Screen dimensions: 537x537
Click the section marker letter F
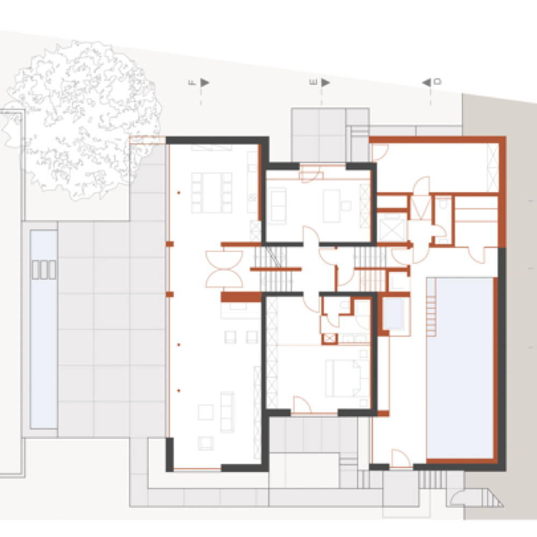192,83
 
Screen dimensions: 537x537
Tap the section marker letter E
313,82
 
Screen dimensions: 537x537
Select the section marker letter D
438,82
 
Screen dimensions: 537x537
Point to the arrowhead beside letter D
426,83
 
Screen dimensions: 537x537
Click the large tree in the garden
82,120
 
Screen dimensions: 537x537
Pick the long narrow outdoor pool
43,329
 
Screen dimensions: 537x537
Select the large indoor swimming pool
460,368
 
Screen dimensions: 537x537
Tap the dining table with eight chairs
212,193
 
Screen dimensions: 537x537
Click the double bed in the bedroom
343,378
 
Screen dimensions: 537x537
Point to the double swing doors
224,269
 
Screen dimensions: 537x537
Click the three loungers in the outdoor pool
44,270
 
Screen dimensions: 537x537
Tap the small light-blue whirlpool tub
393,314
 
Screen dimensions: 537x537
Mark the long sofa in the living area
227,412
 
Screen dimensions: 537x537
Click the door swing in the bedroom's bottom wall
302,405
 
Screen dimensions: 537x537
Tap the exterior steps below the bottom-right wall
433,480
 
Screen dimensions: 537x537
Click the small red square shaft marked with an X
330,339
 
